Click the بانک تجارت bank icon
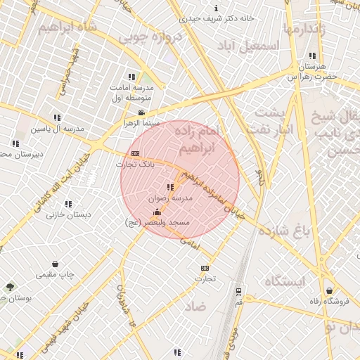(x=135, y=154)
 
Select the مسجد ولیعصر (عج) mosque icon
(x=156, y=212)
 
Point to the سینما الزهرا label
(x=141, y=123)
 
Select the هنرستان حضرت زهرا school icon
(x=311, y=56)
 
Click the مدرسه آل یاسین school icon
(x=56, y=117)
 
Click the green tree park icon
(x=10, y=287)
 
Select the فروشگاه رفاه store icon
(x=329, y=290)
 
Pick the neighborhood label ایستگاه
(x=285, y=281)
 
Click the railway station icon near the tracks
(x=238, y=291)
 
